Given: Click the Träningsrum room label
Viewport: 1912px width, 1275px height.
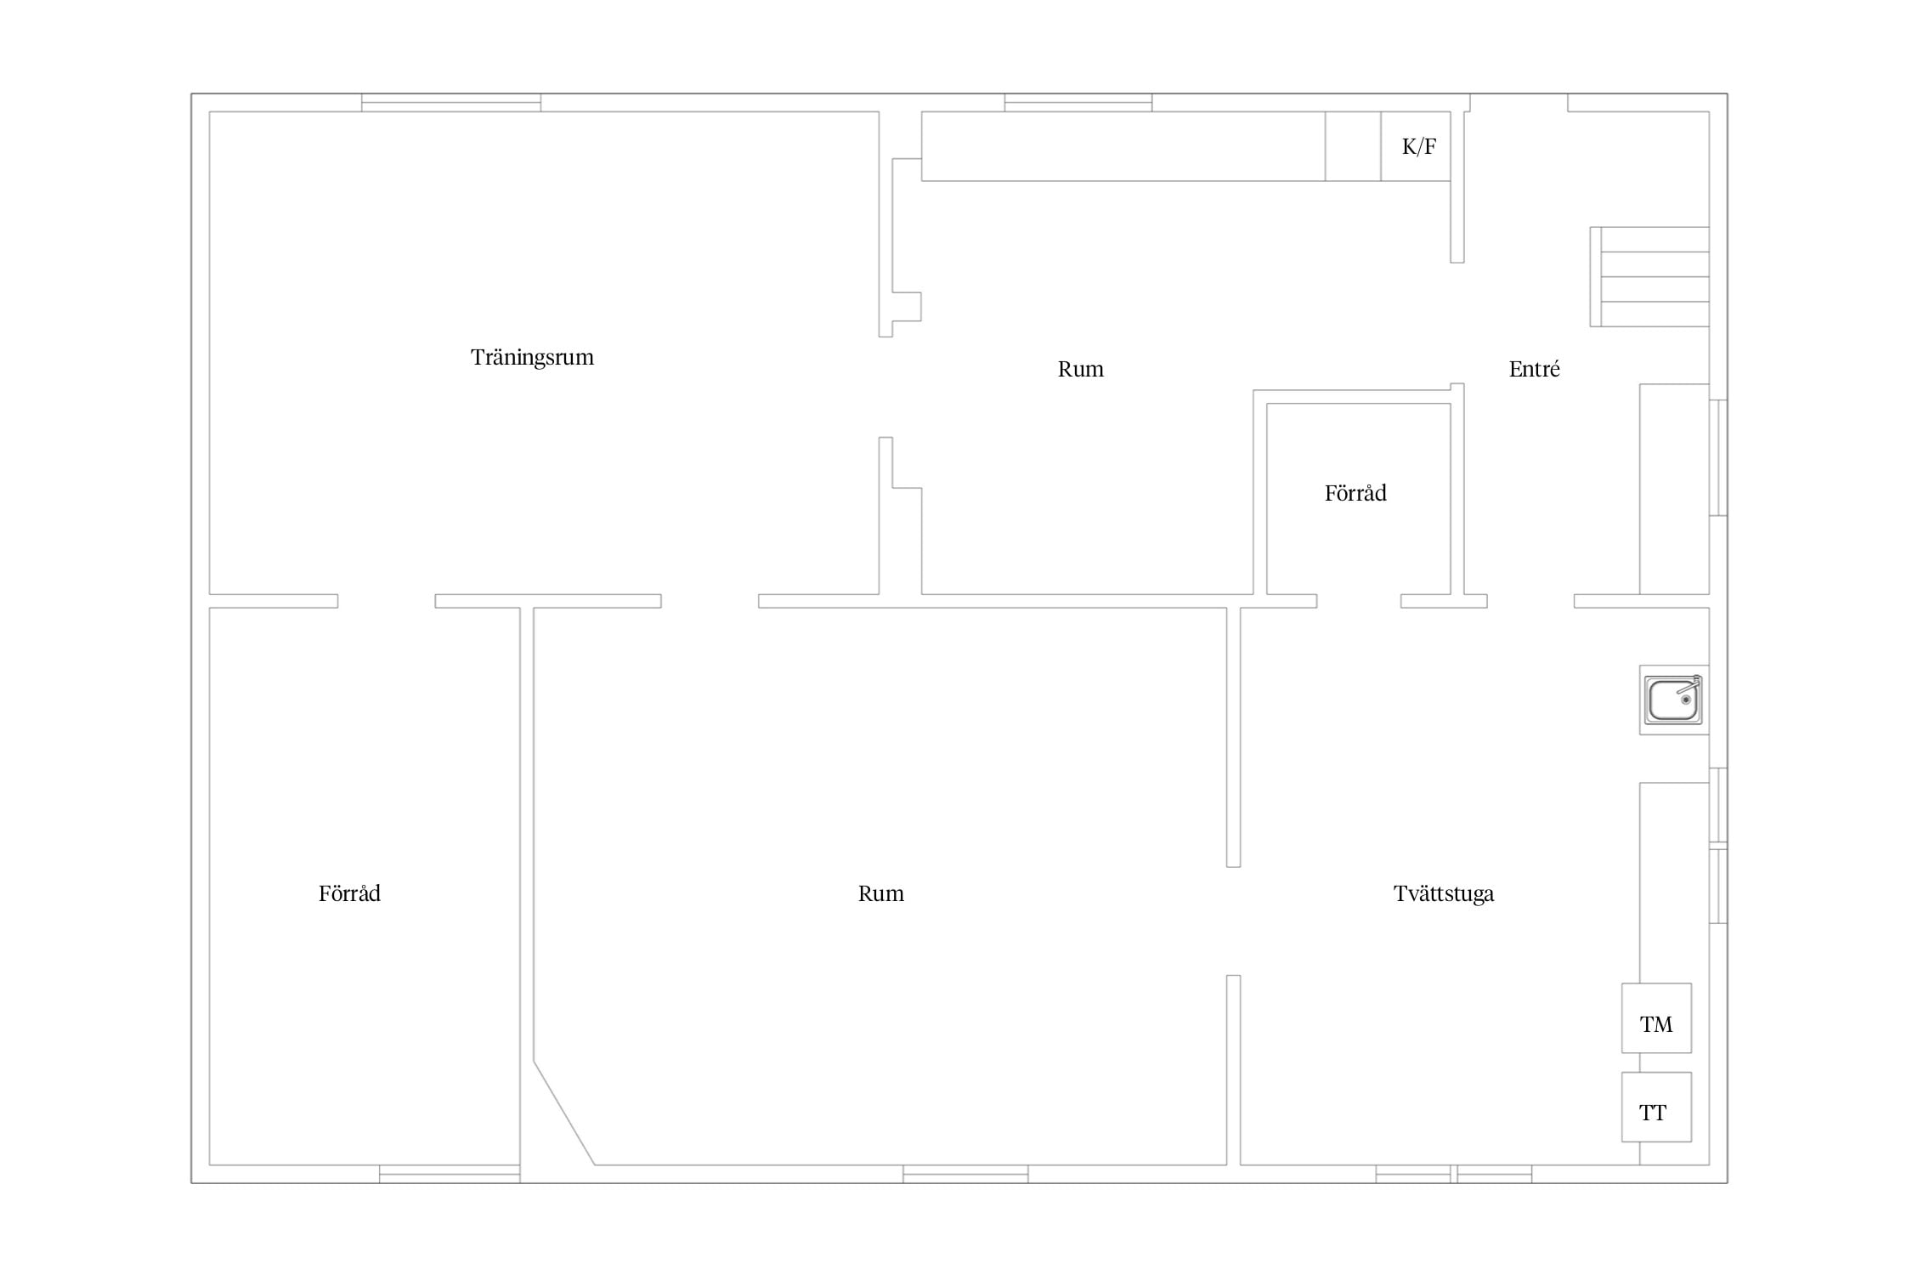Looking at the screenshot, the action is click(x=532, y=358).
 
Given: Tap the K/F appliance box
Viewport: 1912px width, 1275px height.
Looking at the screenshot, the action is click(x=1415, y=146).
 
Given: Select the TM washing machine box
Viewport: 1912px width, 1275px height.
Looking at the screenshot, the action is click(x=1656, y=1018).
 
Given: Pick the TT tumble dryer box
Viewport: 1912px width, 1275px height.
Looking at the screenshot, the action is click(x=1656, y=1107).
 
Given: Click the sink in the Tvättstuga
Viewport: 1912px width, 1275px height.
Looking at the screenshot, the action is click(x=1673, y=700).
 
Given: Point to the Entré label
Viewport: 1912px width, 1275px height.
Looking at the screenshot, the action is click(x=1534, y=369).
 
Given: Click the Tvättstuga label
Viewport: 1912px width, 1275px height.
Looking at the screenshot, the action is click(x=1444, y=893).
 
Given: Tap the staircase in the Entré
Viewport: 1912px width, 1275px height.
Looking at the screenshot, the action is click(x=1649, y=276).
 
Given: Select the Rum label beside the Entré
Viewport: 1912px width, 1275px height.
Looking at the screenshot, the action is click(x=1080, y=369).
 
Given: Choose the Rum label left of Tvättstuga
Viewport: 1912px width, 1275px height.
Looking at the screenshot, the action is click(x=880, y=893).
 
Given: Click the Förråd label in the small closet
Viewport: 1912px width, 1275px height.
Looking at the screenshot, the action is click(x=1355, y=493).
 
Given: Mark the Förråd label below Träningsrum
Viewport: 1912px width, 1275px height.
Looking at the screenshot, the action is click(x=349, y=893).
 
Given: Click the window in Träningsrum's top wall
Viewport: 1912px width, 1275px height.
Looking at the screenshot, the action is click(x=451, y=103).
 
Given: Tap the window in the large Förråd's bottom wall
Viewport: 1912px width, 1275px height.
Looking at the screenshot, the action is click(x=450, y=1174).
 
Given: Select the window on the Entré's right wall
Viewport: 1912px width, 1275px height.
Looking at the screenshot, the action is click(x=1718, y=457).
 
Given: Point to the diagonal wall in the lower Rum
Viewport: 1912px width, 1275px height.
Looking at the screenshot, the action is click(x=564, y=1113).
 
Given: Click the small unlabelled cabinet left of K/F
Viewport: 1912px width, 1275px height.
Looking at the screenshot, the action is click(x=1353, y=146).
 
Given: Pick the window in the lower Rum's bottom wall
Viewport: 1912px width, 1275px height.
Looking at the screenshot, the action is click(x=965, y=1174).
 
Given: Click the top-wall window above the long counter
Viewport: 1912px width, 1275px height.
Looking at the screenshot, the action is click(x=1078, y=103).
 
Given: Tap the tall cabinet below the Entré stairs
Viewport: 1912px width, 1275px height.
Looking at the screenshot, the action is click(x=1674, y=489).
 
